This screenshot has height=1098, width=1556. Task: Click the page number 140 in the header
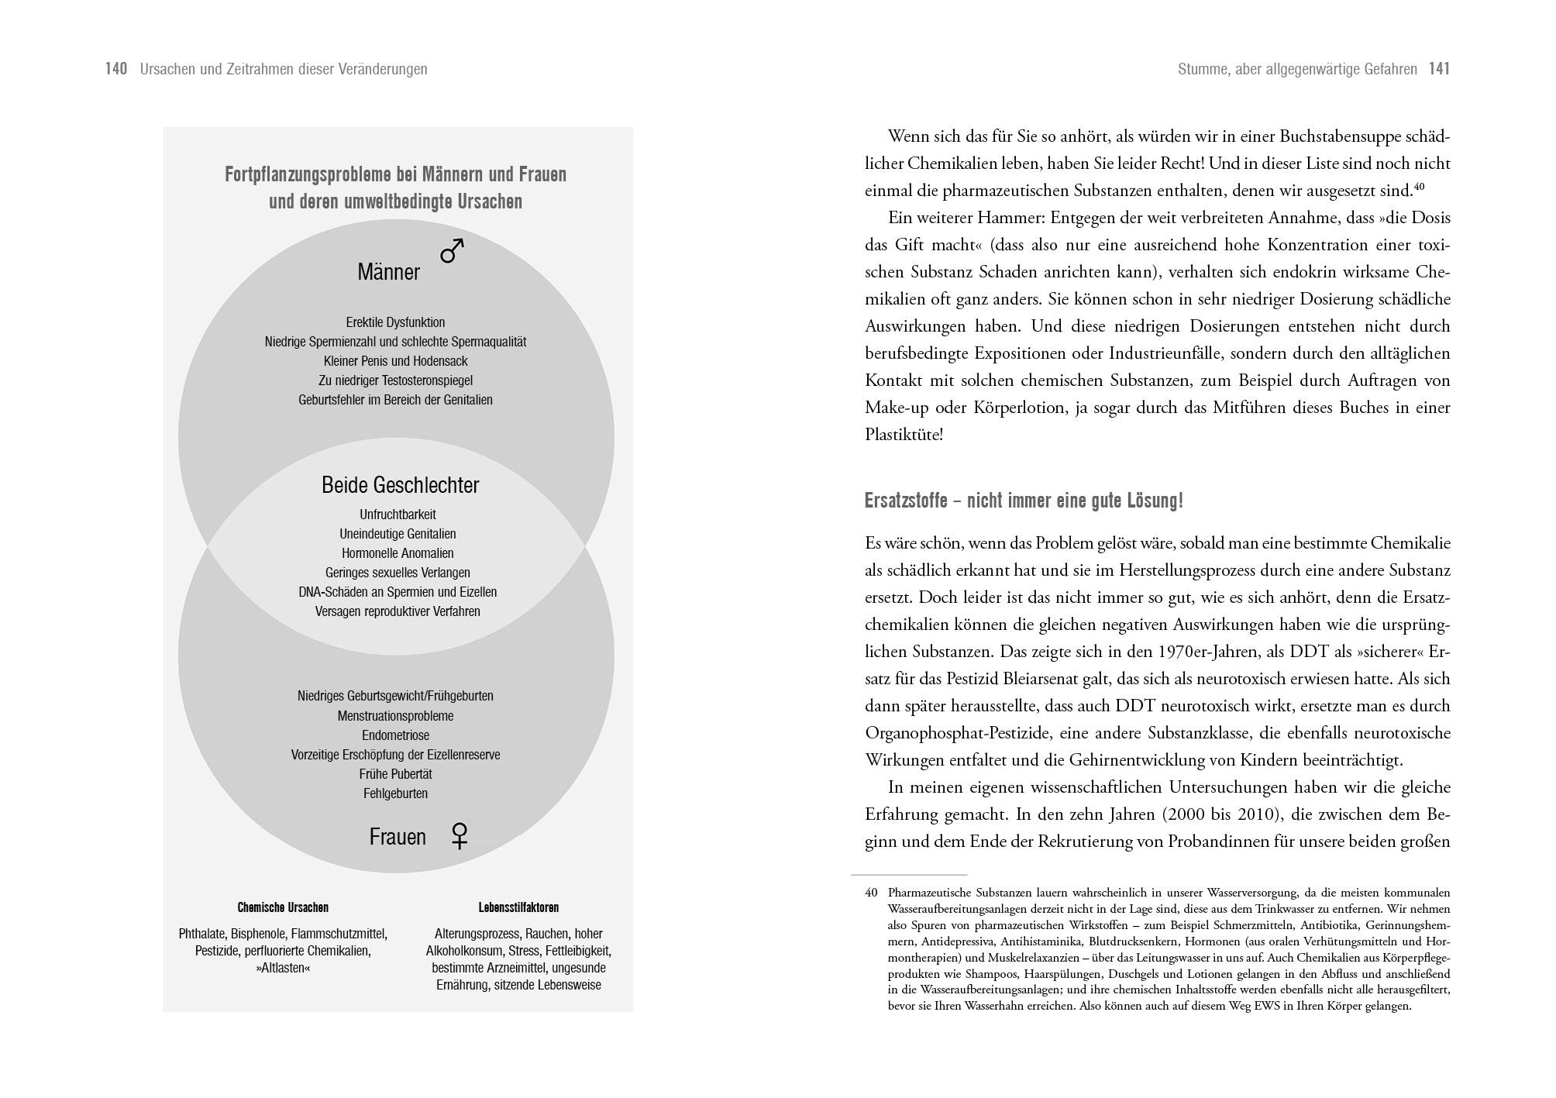(116, 69)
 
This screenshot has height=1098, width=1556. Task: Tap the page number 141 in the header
(1439, 69)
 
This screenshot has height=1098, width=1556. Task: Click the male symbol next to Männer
(453, 250)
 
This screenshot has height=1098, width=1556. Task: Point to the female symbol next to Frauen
(460, 835)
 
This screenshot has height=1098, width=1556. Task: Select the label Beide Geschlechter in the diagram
(400, 485)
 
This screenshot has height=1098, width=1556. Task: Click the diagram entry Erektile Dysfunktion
(395, 322)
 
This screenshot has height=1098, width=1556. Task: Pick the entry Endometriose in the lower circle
(395, 735)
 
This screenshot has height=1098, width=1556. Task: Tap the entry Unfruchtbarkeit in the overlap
(398, 515)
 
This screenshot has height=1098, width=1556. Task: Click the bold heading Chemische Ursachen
(283, 907)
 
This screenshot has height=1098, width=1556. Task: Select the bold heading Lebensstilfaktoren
(518, 907)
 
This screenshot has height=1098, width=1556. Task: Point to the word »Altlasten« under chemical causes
(283, 969)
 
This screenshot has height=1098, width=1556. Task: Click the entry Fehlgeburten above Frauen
(395, 793)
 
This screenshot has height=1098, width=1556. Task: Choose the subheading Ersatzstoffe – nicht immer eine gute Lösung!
(1024, 501)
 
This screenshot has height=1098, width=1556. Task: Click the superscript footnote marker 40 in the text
(1420, 187)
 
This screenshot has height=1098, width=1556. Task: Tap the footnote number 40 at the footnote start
(871, 893)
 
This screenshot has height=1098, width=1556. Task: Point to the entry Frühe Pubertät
(395, 774)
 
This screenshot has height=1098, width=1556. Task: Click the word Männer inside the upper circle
(388, 272)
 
